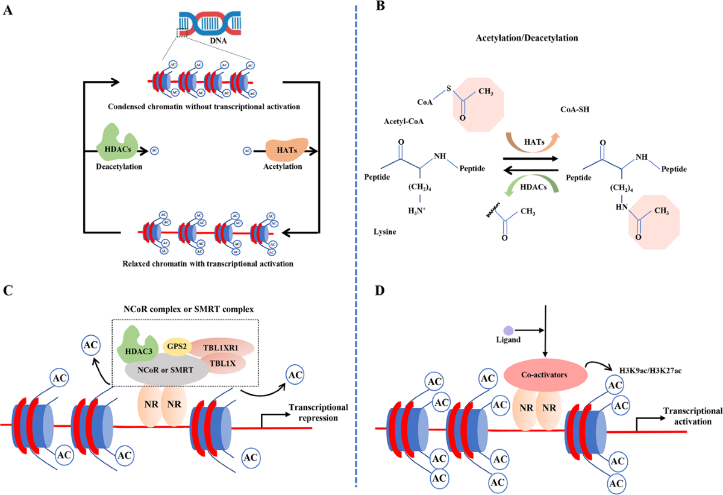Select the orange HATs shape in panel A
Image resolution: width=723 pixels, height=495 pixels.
[x=287, y=150]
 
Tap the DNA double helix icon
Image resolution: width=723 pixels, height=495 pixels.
[x=210, y=24]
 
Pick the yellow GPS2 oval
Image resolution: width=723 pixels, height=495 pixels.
[x=177, y=347]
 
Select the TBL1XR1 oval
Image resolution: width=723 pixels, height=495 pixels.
[x=222, y=347]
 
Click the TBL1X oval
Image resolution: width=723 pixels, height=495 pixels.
[x=223, y=363]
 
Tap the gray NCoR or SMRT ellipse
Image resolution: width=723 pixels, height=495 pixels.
[x=166, y=370]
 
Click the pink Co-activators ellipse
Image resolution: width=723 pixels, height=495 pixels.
[x=545, y=374]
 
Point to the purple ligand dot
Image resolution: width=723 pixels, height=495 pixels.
[x=509, y=330]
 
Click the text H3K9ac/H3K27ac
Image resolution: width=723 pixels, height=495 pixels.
[x=650, y=371]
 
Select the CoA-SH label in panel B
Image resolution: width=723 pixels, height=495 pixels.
[x=575, y=110]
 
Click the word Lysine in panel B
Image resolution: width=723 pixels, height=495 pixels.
[x=385, y=232]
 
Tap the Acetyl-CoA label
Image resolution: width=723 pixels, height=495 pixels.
[x=404, y=121]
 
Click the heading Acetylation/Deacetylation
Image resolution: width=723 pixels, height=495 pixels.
[x=527, y=38]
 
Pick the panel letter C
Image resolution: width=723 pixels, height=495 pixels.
[x=8, y=290]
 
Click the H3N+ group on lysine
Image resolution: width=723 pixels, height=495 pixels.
[x=417, y=211]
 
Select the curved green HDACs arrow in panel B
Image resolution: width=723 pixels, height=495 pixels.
[x=531, y=188]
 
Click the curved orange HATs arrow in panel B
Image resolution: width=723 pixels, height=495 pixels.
[x=533, y=142]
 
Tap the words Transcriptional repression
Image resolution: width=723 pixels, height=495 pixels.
[x=318, y=412]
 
